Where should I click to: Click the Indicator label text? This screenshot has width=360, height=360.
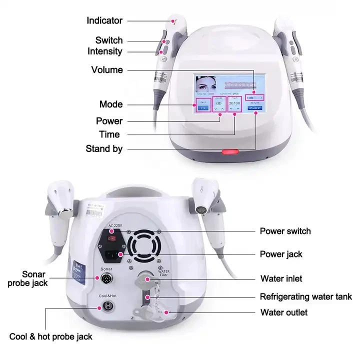pos(104,20)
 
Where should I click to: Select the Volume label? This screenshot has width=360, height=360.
pos(106,69)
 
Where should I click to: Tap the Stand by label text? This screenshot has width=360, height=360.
pos(104,148)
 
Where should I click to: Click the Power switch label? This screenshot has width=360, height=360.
pos(285,231)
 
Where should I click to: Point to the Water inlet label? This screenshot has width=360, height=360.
pos(281,278)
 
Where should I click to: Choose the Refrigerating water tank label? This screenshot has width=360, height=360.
pos(305,296)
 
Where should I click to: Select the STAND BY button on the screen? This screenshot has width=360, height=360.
pos(255,107)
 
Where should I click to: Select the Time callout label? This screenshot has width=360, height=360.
pos(109,134)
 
